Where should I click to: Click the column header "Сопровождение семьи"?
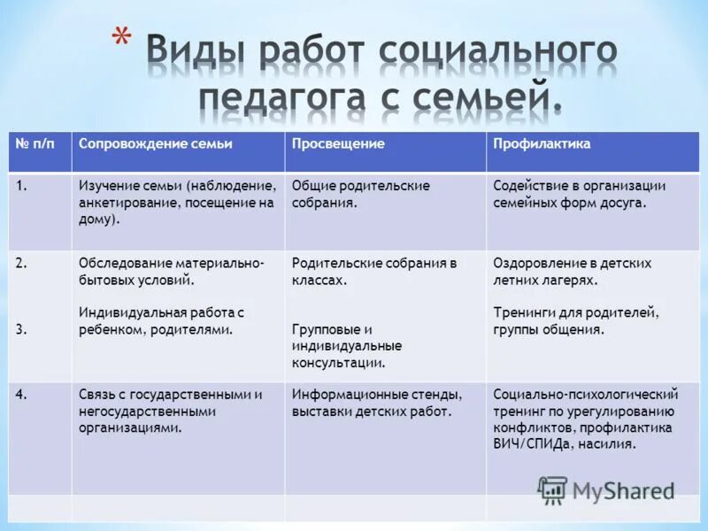(x=156, y=143)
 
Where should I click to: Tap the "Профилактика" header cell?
(x=543, y=143)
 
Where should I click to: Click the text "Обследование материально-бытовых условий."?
(x=172, y=271)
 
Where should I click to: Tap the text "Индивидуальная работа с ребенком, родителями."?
(x=161, y=320)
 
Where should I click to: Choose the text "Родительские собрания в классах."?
(x=374, y=271)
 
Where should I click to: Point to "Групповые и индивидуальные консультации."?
(x=347, y=345)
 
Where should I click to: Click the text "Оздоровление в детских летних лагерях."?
(x=572, y=271)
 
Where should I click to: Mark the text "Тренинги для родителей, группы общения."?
(x=576, y=320)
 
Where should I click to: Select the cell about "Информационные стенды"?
(x=377, y=403)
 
